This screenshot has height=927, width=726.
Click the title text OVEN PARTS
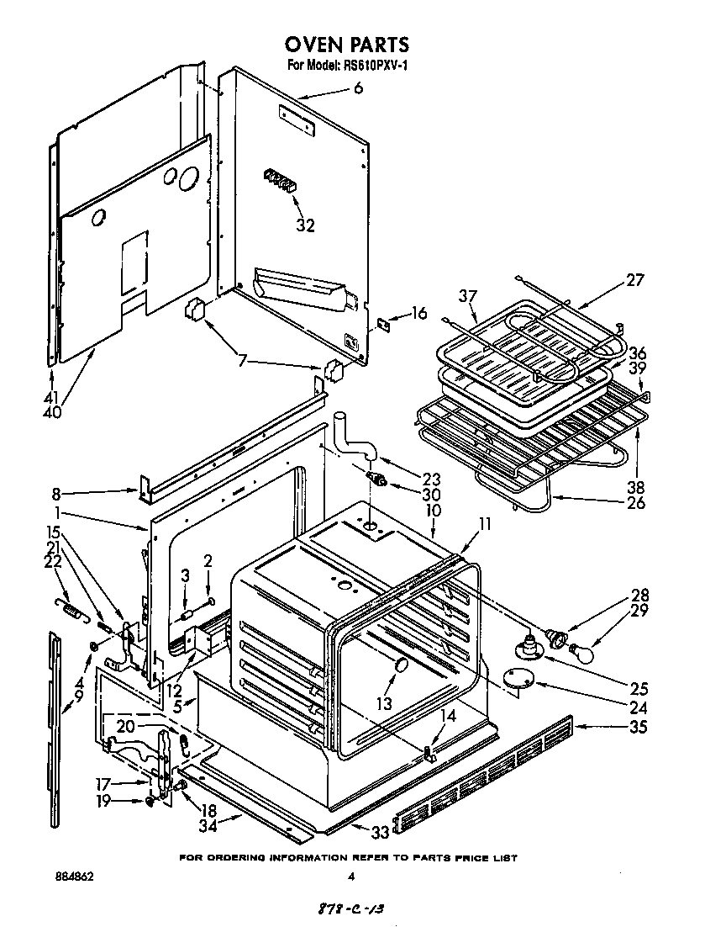[346, 45]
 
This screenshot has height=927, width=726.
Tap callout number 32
[305, 225]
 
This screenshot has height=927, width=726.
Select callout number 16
[418, 314]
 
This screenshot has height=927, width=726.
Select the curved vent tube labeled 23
[351, 434]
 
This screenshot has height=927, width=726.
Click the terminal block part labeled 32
[281, 180]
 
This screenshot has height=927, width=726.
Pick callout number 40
[52, 412]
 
